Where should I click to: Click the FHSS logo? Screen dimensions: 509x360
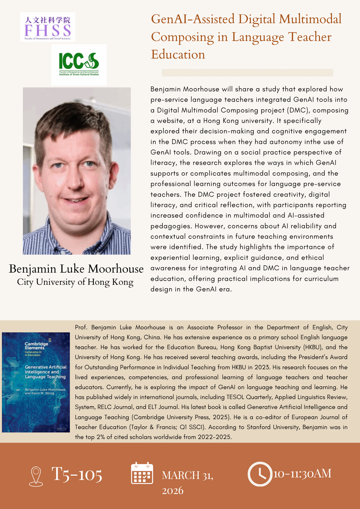[48, 27]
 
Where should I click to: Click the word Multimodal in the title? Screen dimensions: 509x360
[310, 19]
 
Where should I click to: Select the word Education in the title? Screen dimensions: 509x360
[178, 54]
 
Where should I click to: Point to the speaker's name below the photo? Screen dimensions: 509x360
[76, 269]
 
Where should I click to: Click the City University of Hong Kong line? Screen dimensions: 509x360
[75, 282]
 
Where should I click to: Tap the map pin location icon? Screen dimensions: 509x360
[36, 476]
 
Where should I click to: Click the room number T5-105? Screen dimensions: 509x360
[77, 474]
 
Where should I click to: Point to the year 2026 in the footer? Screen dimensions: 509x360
[173, 490]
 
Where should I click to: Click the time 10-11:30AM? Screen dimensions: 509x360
[302, 474]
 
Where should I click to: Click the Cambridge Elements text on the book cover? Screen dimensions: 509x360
[36, 346]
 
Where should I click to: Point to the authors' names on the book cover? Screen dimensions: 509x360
[45, 391]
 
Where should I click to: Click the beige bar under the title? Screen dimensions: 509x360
[247, 73]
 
